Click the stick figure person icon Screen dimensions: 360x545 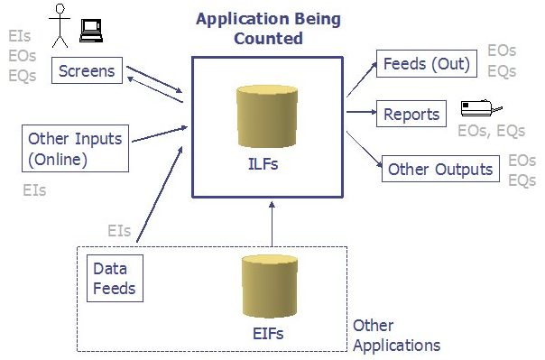pos(60,25)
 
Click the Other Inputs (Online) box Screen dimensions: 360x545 pos(74,149)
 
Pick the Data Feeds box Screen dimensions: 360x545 pos(114,278)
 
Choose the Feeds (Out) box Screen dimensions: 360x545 pos(425,65)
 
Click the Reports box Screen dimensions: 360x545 pos(411,114)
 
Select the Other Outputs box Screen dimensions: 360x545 pos(440,169)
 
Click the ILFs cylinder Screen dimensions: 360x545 pos(266,117)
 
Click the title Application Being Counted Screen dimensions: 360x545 pos(268,28)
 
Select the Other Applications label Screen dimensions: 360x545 pos(396,335)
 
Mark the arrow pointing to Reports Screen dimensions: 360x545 pos(360,113)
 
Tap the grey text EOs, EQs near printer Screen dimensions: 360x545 pos(491,132)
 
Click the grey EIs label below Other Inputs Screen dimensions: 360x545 pos(34,190)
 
